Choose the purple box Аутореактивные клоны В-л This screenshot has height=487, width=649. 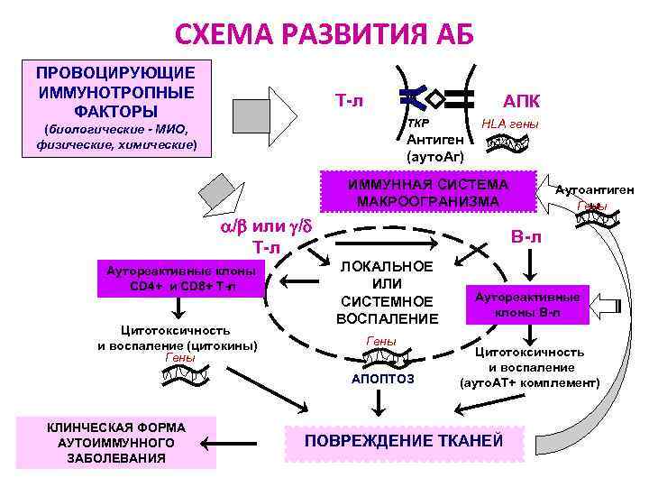528,305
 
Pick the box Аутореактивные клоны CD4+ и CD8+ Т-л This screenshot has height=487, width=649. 180,278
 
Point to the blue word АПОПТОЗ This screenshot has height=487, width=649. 383,379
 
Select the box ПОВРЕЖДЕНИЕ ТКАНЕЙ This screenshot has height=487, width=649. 403,440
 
